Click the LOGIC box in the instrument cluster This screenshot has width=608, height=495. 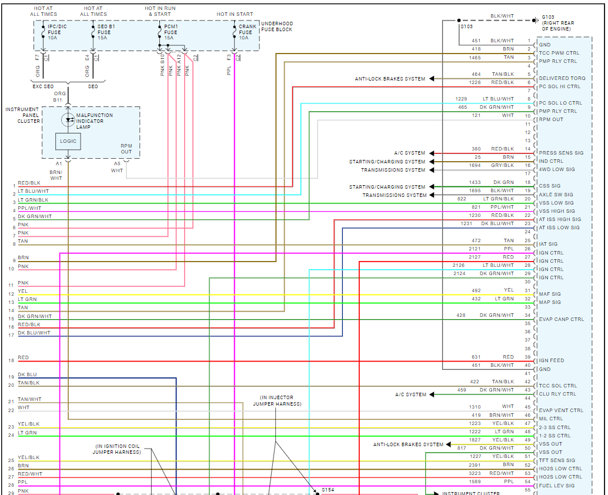(x=68, y=142)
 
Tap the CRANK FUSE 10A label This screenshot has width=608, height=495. (x=248, y=32)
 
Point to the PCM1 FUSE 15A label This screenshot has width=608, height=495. (x=172, y=32)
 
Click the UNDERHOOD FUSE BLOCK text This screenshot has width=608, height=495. (x=276, y=26)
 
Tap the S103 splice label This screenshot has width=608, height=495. (x=466, y=26)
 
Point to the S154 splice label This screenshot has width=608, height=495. (x=328, y=489)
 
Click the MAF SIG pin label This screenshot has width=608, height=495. (x=550, y=294)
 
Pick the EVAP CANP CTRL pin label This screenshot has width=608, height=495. (x=562, y=319)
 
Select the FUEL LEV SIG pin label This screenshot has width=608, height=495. (x=557, y=486)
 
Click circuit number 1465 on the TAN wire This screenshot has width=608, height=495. (x=475, y=58)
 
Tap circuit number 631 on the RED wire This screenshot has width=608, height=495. (x=476, y=357)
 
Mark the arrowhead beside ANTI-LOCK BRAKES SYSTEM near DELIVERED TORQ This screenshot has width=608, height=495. (x=432, y=79)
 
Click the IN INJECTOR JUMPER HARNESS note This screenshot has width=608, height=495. (x=277, y=400)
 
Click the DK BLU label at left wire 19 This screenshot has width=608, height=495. (x=27, y=374)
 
